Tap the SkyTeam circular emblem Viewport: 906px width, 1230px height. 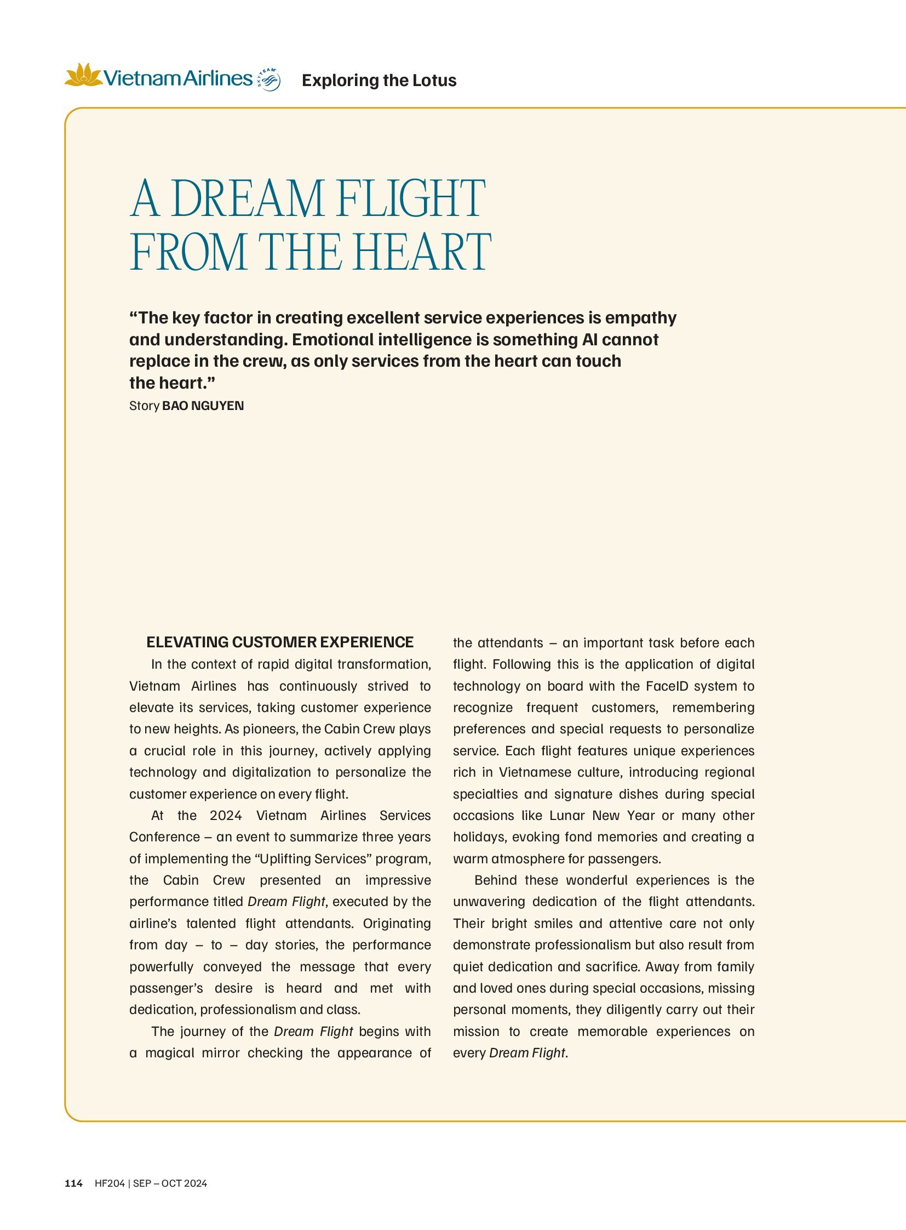[x=268, y=79]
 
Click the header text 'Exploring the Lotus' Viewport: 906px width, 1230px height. [x=379, y=80]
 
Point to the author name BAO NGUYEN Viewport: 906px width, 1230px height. [x=203, y=406]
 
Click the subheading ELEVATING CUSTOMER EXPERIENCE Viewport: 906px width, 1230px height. [x=280, y=642]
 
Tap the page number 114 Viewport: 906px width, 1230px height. [x=73, y=1183]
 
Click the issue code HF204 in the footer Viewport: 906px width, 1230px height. [x=110, y=1183]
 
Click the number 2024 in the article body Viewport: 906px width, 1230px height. [x=225, y=816]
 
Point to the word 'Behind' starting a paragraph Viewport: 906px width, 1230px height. [x=495, y=880]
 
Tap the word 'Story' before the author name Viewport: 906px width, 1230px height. [x=144, y=406]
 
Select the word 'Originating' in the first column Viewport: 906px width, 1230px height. [x=397, y=923]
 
